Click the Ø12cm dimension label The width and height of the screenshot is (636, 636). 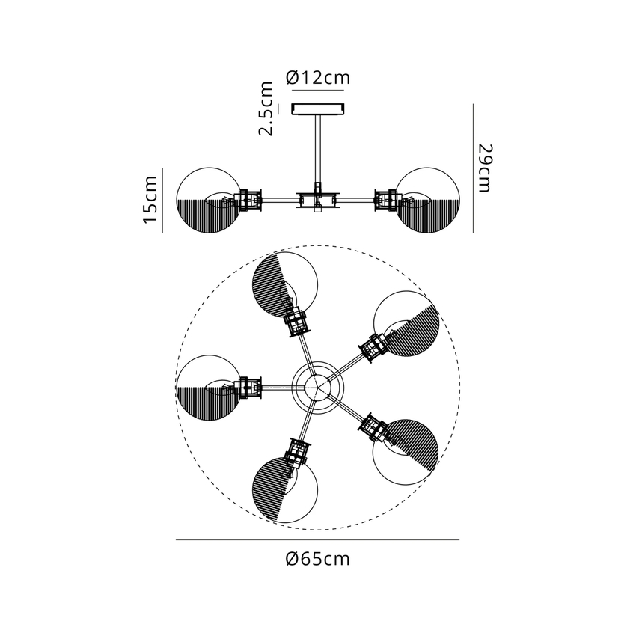(317, 77)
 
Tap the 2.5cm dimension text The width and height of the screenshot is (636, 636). (266, 108)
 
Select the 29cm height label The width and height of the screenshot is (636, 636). (484, 168)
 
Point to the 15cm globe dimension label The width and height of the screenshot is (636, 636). (150, 200)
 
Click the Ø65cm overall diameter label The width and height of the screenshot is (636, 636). (317, 559)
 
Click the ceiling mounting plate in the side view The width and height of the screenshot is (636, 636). (319, 108)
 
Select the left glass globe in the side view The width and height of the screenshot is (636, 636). (209, 201)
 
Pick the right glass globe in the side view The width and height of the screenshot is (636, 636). (427, 201)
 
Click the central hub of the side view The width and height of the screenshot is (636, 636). (318, 200)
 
